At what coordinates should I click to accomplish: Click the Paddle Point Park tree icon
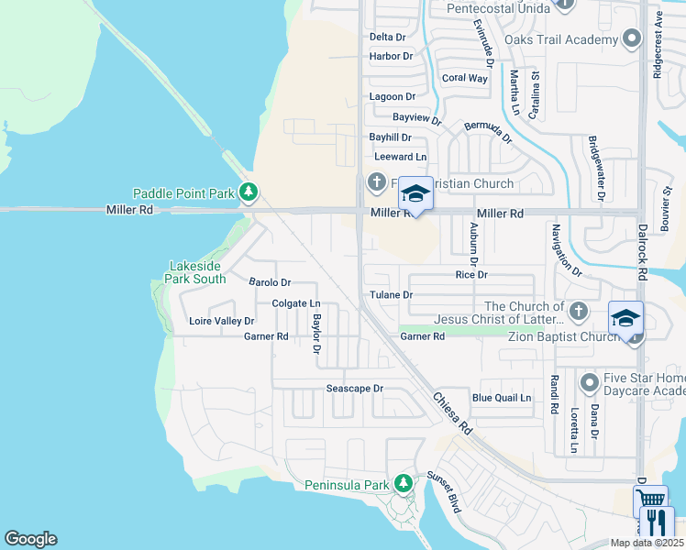pos(248,192)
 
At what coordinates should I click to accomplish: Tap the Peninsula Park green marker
pos(403,483)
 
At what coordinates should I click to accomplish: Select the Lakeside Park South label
pos(196,272)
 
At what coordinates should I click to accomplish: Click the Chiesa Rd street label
pos(452,413)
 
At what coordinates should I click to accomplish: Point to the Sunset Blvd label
pos(443,490)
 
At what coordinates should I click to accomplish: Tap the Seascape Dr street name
pos(354,389)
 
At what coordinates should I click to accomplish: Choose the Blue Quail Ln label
pos(501,398)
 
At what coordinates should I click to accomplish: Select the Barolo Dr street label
pos(270,283)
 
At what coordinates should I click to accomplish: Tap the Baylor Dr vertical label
pos(316,334)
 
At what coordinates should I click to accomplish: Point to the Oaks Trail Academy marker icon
pos(631,39)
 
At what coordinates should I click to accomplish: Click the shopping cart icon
pos(650,500)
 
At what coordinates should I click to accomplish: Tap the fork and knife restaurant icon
pos(657,522)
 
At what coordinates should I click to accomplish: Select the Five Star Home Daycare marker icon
pos(589,380)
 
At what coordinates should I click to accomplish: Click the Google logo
pos(30,539)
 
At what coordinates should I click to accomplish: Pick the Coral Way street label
pos(464,78)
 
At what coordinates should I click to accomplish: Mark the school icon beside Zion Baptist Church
pos(626,318)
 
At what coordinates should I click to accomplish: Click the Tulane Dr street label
pos(391,295)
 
